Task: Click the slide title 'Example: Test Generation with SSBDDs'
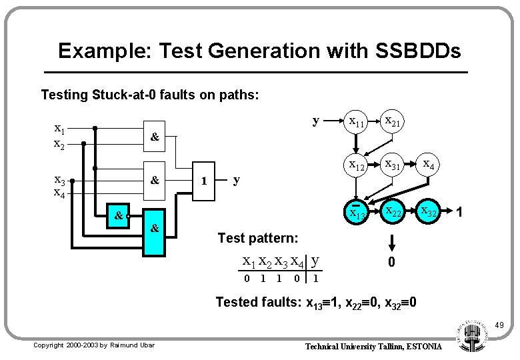pyautogui.click(x=259, y=50)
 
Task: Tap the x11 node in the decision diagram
pyautogui.click(x=356, y=122)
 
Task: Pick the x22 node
pyautogui.click(x=392, y=212)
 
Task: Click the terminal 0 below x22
pyautogui.click(x=392, y=261)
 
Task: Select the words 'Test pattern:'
pyautogui.click(x=258, y=238)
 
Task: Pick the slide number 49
pyautogui.click(x=499, y=325)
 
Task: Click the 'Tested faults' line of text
pyautogui.click(x=317, y=302)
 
